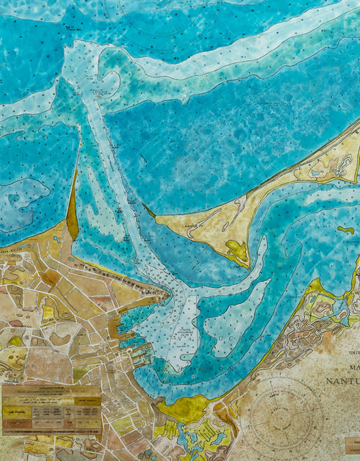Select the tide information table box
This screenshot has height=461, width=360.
pos(51,410)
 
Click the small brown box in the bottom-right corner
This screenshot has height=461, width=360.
pos(352,445)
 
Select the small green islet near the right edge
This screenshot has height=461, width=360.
pos(345,230)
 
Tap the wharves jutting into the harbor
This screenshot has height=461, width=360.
pos(140,352)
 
